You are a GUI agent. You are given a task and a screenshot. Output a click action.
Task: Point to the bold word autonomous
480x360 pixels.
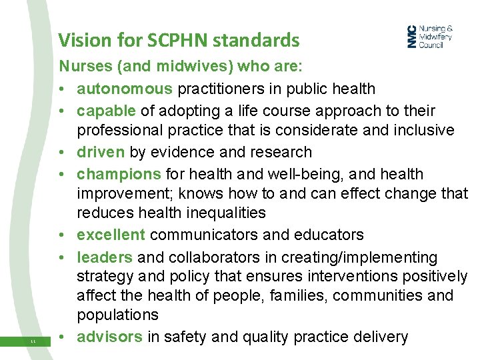125,89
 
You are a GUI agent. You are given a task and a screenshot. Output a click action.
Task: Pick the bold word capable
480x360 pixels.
105,111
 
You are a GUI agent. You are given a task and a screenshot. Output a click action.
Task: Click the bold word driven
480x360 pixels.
101,152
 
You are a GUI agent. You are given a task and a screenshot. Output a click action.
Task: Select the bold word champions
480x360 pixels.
119,174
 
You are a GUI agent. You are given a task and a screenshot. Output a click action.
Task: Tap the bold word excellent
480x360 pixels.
111,235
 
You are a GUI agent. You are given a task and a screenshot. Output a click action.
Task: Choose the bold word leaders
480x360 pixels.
105,257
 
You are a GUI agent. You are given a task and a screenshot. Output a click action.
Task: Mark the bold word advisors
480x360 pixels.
109,337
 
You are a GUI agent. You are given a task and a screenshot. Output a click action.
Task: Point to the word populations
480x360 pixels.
117,315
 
